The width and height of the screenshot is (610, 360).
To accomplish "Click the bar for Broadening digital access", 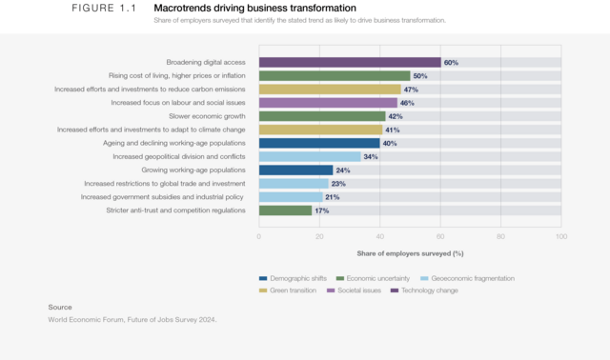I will click(350, 62).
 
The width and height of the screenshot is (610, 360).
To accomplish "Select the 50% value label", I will click(419, 75).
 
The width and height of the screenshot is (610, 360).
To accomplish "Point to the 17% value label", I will click(321, 210).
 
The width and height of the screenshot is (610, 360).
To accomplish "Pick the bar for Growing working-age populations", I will click(295, 170).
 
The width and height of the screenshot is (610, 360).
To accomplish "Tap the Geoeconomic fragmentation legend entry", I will click(467, 278).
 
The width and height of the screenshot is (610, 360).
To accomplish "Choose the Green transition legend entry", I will click(293, 290).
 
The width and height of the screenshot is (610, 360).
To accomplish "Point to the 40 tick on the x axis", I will click(380, 236).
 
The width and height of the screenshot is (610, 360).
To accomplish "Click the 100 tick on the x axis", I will click(560, 236).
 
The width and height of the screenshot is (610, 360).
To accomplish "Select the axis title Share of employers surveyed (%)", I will click(410, 252).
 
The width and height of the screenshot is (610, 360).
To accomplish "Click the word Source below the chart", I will click(60, 307).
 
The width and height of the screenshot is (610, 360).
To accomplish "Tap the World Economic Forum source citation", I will click(132, 320).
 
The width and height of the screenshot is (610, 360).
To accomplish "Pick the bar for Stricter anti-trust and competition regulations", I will click(285, 210).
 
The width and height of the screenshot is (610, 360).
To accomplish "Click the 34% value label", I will click(371, 156).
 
